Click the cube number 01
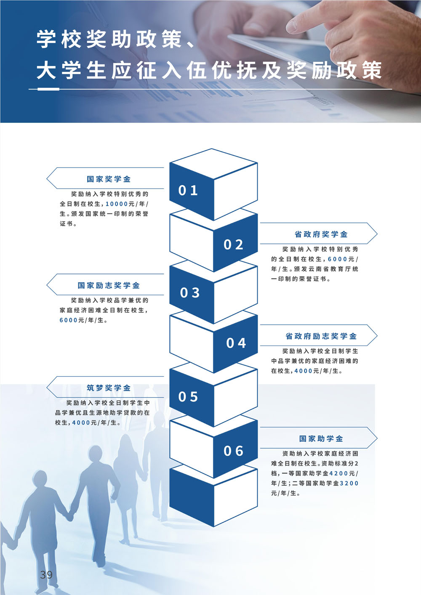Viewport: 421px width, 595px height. click(x=188, y=191)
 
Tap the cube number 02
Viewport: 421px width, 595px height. click(x=233, y=244)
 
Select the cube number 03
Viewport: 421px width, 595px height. click(x=189, y=293)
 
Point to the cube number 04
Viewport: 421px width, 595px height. click(x=236, y=343)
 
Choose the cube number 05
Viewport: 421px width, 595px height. click(x=188, y=397)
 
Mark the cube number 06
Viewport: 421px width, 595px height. click(x=233, y=451)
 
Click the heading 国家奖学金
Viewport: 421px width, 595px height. click(x=109, y=179)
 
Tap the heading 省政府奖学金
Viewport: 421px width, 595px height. click(x=321, y=234)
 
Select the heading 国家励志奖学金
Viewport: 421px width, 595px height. click(x=109, y=286)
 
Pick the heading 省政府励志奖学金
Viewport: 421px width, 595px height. click(x=321, y=336)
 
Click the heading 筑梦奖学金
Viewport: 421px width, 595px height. click(x=109, y=388)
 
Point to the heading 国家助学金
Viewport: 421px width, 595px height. click(x=321, y=439)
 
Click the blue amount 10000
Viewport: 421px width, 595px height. click(x=117, y=204)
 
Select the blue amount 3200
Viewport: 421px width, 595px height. click(x=349, y=483)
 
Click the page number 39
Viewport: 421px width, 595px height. click(x=46, y=575)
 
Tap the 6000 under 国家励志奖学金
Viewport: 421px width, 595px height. click(x=69, y=320)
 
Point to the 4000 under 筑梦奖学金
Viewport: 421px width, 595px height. click(x=81, y=422)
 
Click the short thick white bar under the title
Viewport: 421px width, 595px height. click(x=48, y=89)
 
